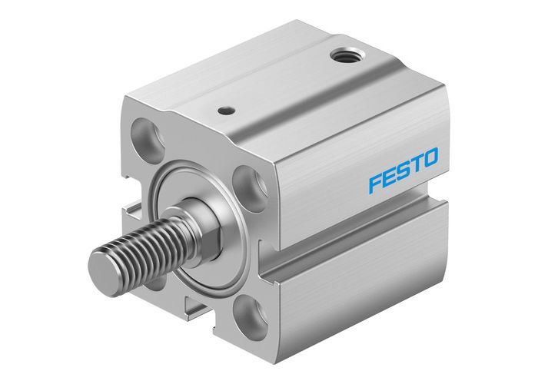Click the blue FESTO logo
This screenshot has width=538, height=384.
[x=403, y=169]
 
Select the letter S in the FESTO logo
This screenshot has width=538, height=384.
[x=403, y=169]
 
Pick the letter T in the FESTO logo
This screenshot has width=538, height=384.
[x=417, y=164]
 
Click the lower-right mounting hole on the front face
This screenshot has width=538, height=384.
[x=250, y=315]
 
